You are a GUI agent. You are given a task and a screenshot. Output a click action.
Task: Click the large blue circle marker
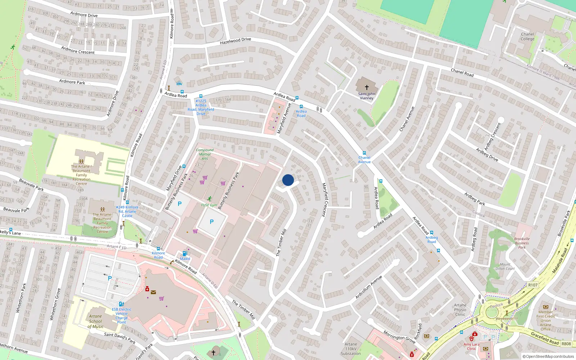coord(288,180)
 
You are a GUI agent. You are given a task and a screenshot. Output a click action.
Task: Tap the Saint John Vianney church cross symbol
coord(367,87)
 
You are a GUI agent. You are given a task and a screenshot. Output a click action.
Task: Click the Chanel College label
coord(527,37)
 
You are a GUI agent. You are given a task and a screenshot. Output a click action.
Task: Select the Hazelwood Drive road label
coord(235,41)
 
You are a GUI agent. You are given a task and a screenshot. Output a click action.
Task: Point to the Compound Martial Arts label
coord(205,154)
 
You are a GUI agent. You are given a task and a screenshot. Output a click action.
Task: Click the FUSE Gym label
coord(209,205)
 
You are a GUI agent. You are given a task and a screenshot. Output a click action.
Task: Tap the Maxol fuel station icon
coord(185,253)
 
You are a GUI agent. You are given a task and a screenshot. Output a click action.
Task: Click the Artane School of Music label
coord(95,321)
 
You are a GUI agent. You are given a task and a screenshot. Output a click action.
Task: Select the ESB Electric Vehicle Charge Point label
coord(122,316)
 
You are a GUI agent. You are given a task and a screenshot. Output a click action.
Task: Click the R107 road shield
coord(533,285)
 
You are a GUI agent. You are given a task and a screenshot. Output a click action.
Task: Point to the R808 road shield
coord(566,343)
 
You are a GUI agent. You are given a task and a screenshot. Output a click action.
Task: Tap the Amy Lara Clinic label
coord(472,346)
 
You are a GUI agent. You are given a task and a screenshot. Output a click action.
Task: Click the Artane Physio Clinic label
coord(460,310)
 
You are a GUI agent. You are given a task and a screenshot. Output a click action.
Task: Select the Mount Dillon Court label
coord(505,266)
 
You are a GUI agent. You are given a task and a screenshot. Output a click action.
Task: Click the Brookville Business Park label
coord(522,243)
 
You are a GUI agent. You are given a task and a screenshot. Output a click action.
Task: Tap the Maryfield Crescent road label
coord(325,200)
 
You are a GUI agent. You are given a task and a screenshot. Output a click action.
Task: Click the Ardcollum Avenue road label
coord(369,287)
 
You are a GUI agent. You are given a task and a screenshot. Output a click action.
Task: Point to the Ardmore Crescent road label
coord(78,50)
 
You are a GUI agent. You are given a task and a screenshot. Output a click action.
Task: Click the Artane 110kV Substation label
coord(351,349)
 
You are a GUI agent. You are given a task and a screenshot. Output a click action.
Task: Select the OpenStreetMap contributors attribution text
coord(548,356)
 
